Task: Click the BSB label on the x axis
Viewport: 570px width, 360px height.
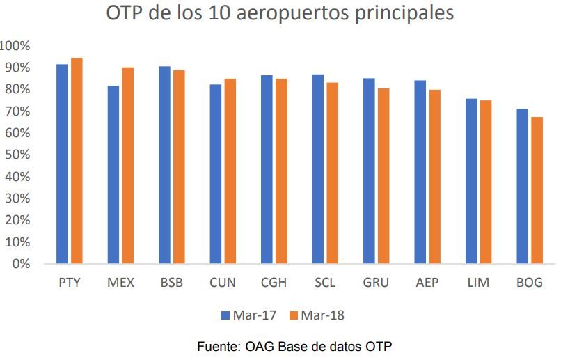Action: [x=171, y=283]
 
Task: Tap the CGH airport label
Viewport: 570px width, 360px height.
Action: [x=274, y=283]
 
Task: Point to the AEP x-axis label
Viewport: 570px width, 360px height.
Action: [x=427, y=283]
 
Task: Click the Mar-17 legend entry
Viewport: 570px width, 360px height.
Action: [x=248, y=315]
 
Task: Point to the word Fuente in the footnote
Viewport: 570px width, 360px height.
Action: [x=218, y=346]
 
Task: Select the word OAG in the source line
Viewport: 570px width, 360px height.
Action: [x=258, y=346]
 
